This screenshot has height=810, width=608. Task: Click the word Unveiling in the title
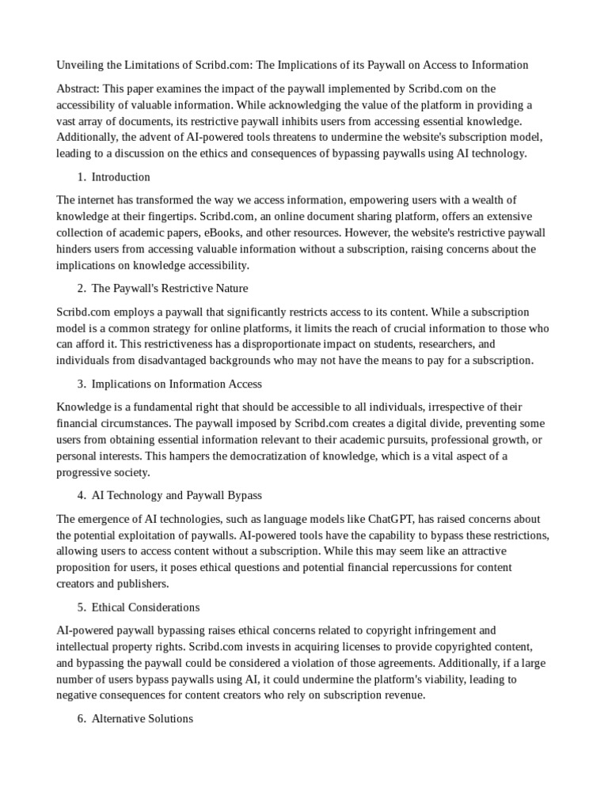click(81, 64)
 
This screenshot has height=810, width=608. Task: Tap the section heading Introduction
click(120, 176)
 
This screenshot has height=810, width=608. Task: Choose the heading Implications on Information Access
click(177, 384)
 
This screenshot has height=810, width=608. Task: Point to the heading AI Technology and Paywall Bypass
click(177, 495)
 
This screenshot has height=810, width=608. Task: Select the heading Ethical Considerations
click(146, 607)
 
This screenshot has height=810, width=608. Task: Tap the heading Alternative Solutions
click(142, 719)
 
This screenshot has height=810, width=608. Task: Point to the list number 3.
click(82, 384)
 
